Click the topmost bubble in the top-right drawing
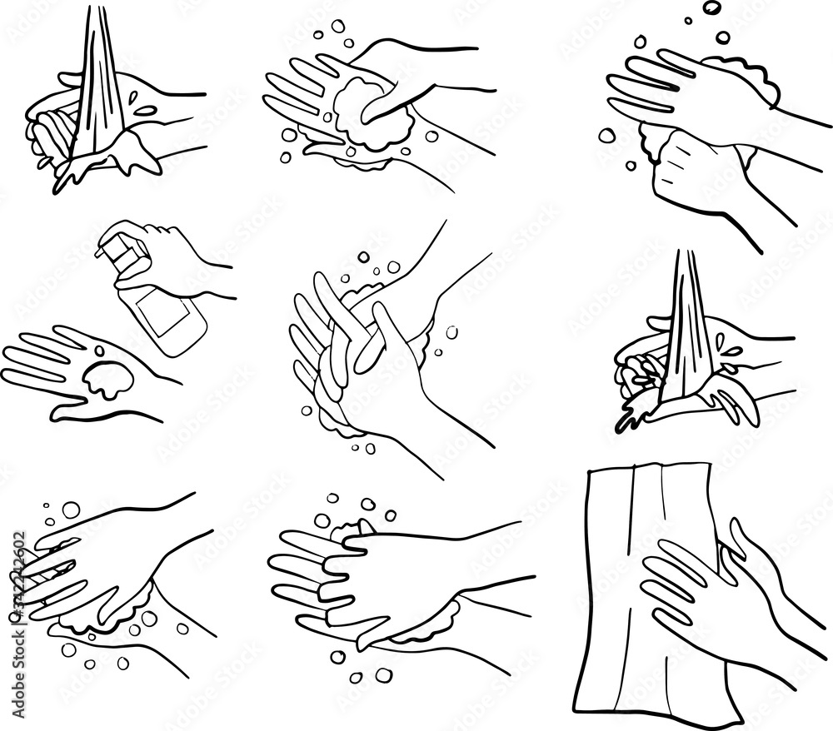pos(712,7)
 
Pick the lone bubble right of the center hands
pos(451,331)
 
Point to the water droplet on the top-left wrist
pos(143,109)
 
